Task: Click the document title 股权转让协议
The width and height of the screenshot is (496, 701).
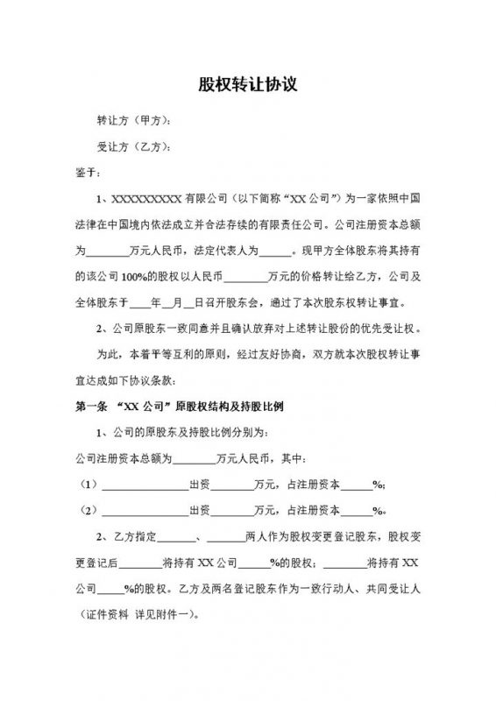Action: coord(248,85)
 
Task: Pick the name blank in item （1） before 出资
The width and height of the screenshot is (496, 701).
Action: coord(145,485)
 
